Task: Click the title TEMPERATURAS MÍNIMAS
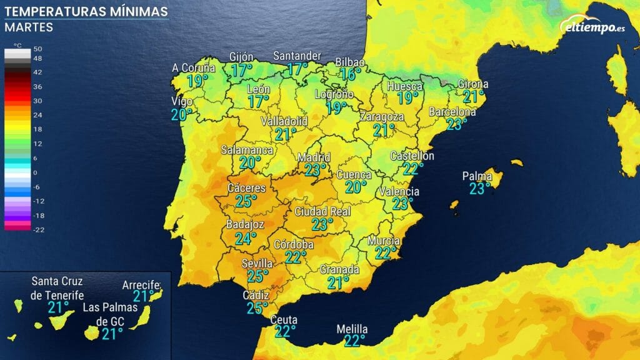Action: coord(86,12)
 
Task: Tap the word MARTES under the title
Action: coord(28,27)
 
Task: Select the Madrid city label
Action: coord(314,157)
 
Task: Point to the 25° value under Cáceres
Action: coord(246,201)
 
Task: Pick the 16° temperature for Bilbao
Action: coord(351,74)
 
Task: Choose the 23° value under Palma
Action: coord(480,189)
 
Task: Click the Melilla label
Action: coord(352,329)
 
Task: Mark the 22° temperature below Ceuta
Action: coord(284,331)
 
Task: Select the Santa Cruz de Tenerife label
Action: coord(57,288)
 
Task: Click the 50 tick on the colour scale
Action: coord(37,49)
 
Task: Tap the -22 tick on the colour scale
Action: coord(37,229)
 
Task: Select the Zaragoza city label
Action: coord(381,117)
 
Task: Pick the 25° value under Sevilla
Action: coord(258,276)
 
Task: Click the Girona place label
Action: coord(473,84)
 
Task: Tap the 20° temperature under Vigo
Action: coord(182,114)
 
